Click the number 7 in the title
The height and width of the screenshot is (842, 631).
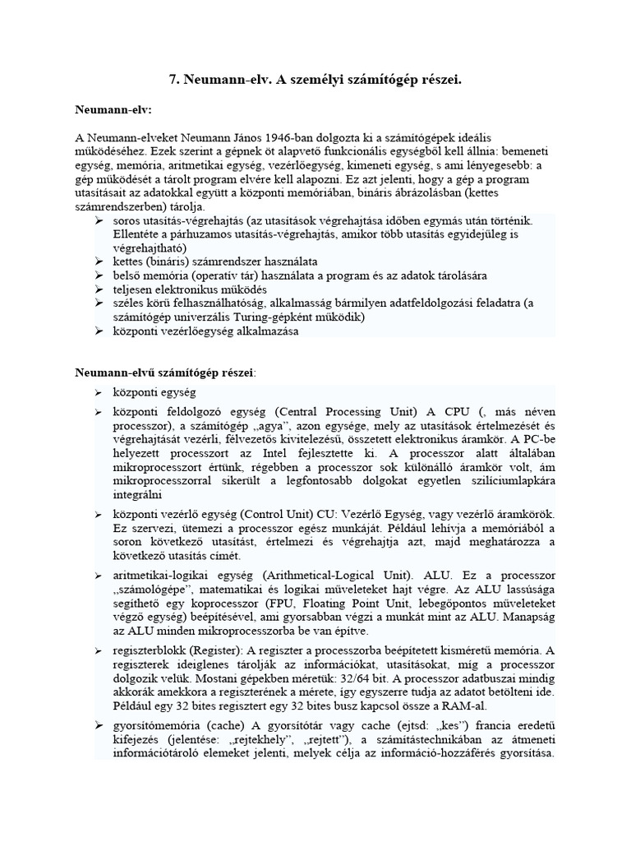(x=173, y=79)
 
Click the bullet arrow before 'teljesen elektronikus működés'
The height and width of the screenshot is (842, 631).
(x=98, y=289)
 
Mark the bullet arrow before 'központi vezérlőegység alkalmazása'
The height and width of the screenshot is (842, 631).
(x=98, y=331)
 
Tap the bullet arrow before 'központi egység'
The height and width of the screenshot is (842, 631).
(x=98, y=392)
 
